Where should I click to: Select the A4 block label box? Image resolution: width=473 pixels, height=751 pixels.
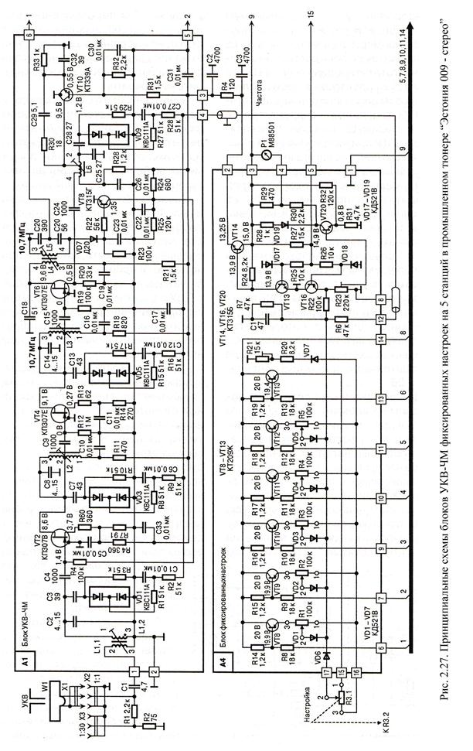click(223, 661)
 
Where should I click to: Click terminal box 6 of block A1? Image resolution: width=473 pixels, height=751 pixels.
click(29, 35)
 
